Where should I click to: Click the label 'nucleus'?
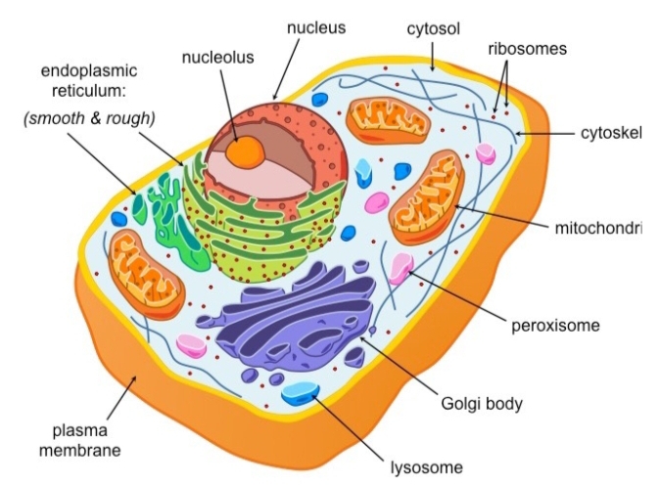coord(315,27)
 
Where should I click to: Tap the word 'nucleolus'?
coord(217,57)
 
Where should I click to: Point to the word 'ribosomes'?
coord(528,47)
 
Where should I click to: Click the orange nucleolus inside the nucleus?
coord(246,151)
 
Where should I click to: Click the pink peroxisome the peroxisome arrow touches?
coord(401,267)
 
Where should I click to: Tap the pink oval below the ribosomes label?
coord(486,154)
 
